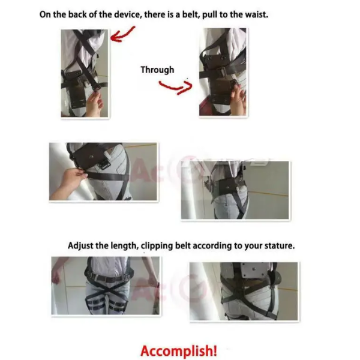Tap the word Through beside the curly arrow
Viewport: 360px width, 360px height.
[157, 70]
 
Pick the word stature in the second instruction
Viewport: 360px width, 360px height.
[278, 245]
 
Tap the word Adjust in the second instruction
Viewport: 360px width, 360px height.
[81, 245]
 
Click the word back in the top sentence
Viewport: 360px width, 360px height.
[76, 13]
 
